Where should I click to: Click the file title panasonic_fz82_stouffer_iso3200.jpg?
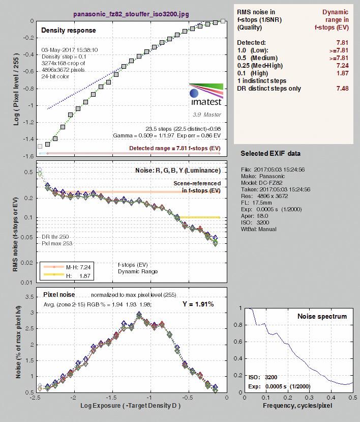tap(131, 14)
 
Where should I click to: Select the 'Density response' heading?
tap(69, 30)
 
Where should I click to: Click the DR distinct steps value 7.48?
tap(342, 89)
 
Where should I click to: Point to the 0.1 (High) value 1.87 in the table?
tap(342, 73)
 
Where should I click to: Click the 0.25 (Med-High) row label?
tap(260, 65)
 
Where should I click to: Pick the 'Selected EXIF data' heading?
tap(271, 153)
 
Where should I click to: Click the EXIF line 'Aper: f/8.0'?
tap(255, 216)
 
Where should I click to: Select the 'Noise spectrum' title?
tap(322, 316)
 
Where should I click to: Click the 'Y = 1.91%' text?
tap(198, 304)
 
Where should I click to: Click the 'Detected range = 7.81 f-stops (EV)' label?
tap(175, 148)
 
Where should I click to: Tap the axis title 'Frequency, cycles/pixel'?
tap(297, 406)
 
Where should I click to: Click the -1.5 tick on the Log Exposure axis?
tap(113, 398)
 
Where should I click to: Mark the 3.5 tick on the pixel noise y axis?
tap(29, 297)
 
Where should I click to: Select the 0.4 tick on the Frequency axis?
tap(331, 398)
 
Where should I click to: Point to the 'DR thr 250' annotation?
tap(55, 237)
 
